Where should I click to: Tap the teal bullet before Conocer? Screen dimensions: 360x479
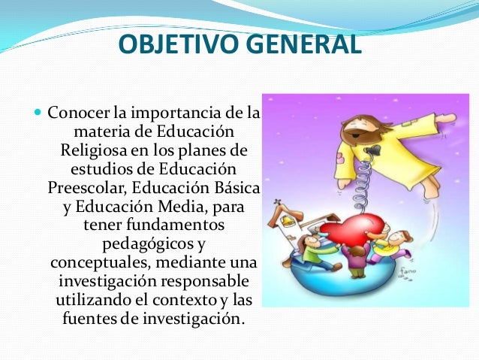38,114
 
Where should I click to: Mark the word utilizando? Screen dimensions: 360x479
94,301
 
